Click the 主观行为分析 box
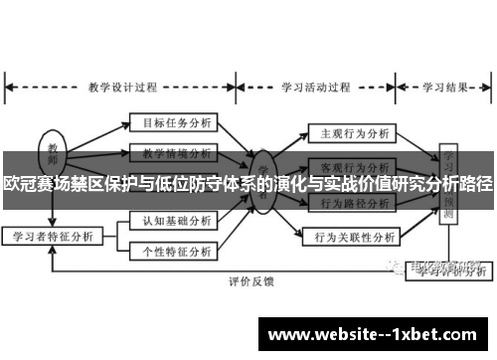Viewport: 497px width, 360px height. coord(353,131)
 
